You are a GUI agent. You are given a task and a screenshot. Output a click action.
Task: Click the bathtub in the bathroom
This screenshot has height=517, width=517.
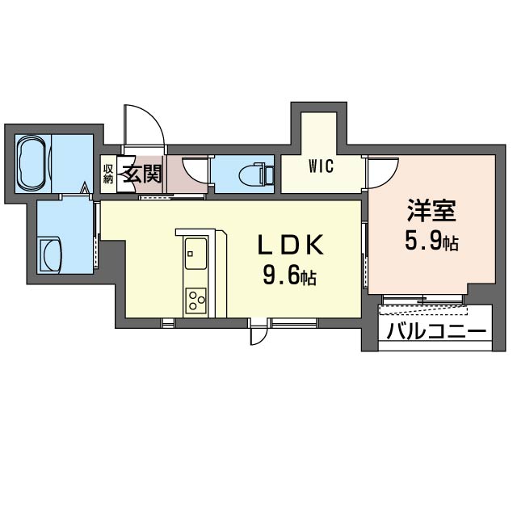[33, 163]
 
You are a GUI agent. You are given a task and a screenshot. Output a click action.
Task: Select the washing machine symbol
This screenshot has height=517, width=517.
[50, 256]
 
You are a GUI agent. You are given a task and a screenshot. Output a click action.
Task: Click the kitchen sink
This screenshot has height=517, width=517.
[195, 254]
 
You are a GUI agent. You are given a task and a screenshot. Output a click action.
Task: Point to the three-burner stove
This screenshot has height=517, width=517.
[195, 300]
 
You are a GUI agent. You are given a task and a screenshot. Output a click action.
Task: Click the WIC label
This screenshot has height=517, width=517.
[321, 166]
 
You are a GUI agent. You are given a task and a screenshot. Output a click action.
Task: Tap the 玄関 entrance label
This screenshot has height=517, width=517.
[142, 174]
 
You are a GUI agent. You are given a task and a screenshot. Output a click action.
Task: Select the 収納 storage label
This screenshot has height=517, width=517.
[108, 174]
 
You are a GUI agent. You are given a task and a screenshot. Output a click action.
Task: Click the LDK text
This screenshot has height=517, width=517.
[290, 245]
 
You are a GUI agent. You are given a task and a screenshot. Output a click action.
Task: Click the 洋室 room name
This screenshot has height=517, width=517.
[431, 211]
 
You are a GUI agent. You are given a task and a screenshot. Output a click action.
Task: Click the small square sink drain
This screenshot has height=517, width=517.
[190, 254]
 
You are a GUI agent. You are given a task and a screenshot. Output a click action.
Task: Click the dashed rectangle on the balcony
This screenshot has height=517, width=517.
[423, 310]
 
